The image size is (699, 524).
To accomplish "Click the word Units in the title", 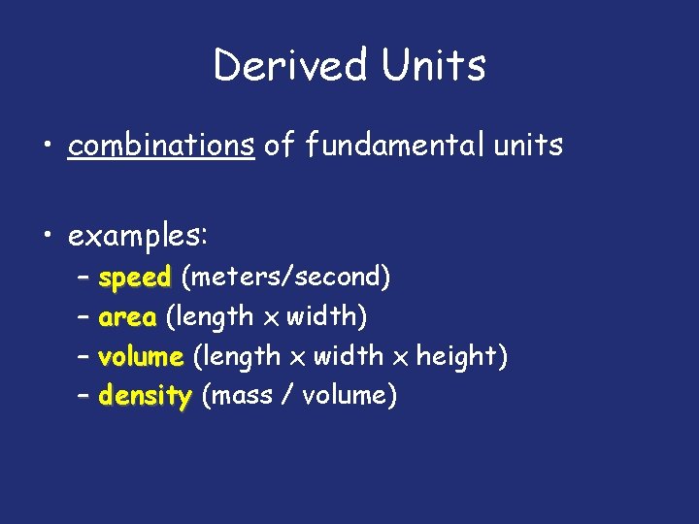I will click(433, 66).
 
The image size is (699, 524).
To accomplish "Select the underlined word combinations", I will click(161, 146).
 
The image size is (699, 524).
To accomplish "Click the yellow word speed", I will click(135, 278).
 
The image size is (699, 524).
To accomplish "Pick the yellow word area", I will click(127, 317).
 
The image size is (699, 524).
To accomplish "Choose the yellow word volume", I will click(141, 356).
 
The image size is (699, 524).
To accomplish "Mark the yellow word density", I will click(146, 397).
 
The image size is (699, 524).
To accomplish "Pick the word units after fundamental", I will click(529, 146).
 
